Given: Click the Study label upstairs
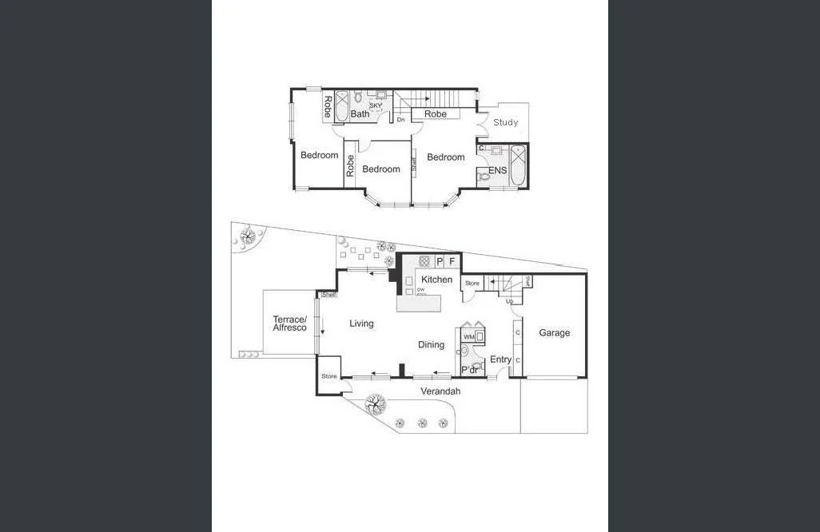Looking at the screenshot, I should [x=505, y=122].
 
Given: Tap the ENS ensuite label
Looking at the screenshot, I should [x=498, y=170].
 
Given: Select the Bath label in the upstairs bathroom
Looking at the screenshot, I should [x=360, y=114].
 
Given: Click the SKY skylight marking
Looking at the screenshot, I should [x=376, y=105].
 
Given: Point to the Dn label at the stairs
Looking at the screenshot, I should [x=400, y=119].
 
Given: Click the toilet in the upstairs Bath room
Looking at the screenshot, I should [x=359, y=98].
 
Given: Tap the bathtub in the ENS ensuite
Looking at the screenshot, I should [x=518, y=166].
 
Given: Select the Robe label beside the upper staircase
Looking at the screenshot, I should [x=436, y=114].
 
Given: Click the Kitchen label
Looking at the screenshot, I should [x=436, y=280].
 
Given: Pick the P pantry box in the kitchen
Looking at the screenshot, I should [x=440, y=261].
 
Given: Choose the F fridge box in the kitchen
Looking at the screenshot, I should [x=452, y=261].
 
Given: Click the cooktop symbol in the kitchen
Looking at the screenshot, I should [x=424, y=261].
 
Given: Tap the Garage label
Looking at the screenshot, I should [x=554, y=332].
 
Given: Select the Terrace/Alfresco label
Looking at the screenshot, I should [x=289, y=323].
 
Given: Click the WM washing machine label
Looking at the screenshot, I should [x=468, y=337].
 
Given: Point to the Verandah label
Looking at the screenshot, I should [x=440, y=391].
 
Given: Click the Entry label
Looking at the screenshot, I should [x=500, y=359].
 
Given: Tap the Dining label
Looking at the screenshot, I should [x=431, y=344].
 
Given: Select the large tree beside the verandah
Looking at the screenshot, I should [x=375, y=405].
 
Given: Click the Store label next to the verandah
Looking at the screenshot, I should [x=328, y=376].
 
